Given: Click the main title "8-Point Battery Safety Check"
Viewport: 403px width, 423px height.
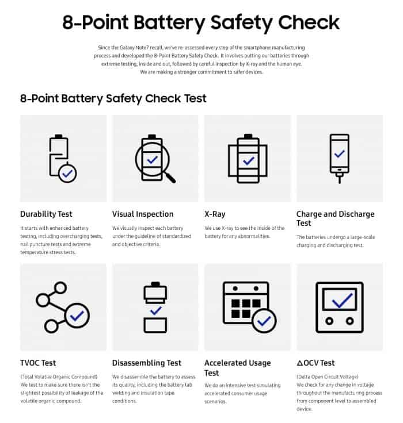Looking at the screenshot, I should coord(201,22).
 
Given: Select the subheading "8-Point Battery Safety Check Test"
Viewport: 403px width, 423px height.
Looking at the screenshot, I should coord(113,98).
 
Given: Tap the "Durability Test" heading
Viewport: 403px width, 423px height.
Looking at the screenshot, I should coord(46,214).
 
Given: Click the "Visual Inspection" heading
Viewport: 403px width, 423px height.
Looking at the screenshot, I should coord(143,214).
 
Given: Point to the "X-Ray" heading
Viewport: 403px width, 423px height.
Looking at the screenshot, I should coord(215,214).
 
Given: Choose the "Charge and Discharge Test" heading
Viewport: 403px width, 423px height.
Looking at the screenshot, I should coord(335,218).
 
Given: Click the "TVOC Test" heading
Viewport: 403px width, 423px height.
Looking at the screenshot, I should coord(38,363).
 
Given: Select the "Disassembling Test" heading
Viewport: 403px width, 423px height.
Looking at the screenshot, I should coord(147,363).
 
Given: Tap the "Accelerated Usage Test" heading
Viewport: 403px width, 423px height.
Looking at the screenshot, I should coord(237,367).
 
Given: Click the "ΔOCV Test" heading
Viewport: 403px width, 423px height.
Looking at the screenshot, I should coord(315,363).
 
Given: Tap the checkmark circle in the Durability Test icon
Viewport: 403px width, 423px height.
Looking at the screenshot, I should coord(68,172).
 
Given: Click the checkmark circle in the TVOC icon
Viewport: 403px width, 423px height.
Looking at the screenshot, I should coord(77,315).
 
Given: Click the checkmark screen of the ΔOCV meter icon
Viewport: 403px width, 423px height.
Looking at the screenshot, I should coord(339,301).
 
